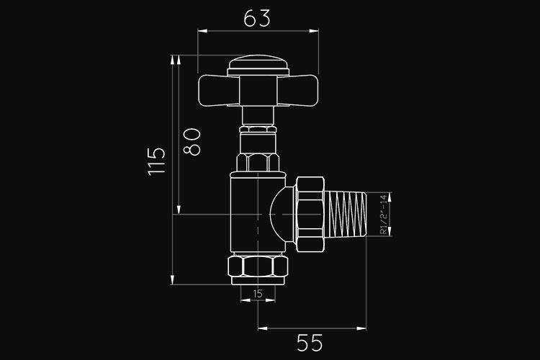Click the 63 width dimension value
tap(257, 19)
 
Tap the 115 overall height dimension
tap(157, 161)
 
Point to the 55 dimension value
tap(310, 343)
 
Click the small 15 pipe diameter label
tap(258, 294)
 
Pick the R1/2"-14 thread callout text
tap(383, 215)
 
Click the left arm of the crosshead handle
tap(218, 91)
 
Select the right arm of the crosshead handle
tap(297, 91)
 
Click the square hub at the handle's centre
tap(258, 91)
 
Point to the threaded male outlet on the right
tap(346, 215)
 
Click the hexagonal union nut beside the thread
tap(310, 215)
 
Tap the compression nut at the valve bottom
tap(258, 266)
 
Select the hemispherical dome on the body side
tap(282, 215)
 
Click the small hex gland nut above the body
tap(258, 162)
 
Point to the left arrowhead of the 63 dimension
tap(202, 31)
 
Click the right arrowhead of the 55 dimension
tap(361, 328)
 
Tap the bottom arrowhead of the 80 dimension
tap(179, 210)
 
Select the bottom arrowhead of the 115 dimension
tap(173, 280)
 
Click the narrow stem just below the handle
tap(258, 116)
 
